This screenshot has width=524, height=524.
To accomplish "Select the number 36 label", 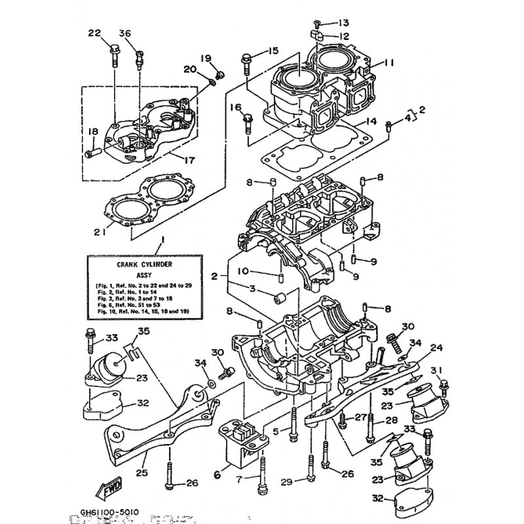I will (125, 34).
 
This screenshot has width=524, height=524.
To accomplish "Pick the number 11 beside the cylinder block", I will (390, 63).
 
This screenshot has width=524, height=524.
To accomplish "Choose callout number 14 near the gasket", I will (371, 122).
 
